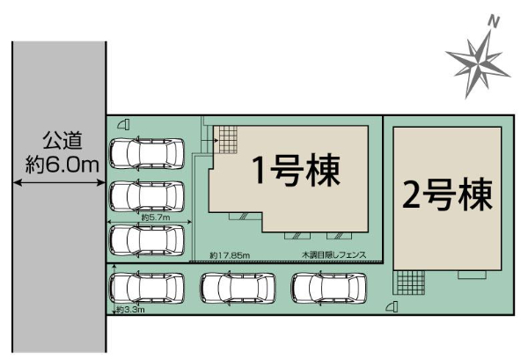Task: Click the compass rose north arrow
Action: coord(478,64)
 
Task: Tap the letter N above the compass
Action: coord(494,22)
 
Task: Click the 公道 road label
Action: coord(62,141)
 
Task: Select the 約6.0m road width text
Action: coord(62,164)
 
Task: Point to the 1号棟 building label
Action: coord(297,171)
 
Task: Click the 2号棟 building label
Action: coord(448,195)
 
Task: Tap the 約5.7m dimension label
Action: coord(156,217)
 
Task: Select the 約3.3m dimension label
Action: coord(130,309)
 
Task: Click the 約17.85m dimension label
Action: coord(230,255)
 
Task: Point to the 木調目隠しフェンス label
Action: coord(334,255)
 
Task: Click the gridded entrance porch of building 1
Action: coord(225,140)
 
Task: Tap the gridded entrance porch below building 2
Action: coord(409,283)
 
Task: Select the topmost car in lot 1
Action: coord(147,153)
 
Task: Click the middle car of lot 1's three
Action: coord(147,196)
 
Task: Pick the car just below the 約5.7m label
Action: coord(147,240)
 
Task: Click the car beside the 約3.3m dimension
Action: coord(147,288)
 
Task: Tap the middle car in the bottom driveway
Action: coord(238,288)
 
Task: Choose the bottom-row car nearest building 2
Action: coord(329,288)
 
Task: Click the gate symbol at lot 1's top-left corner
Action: coord(123,125)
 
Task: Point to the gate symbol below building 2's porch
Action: coord(392,307)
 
